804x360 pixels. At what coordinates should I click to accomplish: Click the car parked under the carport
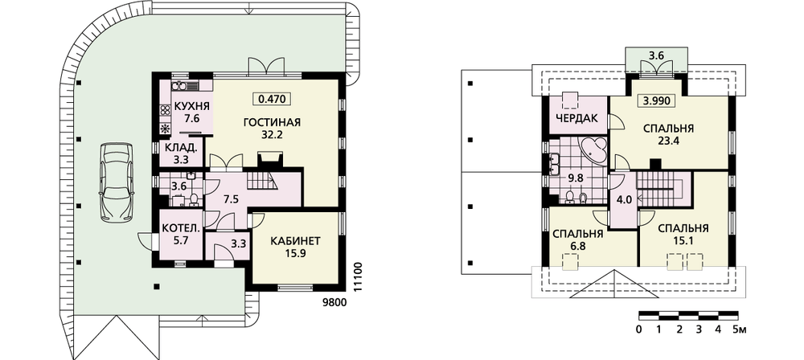pyautogui.click(x=117, y=182)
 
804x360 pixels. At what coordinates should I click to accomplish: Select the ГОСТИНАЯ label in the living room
pyautogui.click(x=272, y=123)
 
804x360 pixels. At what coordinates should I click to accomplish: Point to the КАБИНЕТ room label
pyautogui.click(x=295, y=240)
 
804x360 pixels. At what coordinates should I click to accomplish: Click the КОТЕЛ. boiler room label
pyautogui.click(x=180, y=228)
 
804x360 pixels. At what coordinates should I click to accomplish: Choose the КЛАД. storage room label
pyautogui.click(x=180, y=148)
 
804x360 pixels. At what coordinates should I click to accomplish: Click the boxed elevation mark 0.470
pyautogui.click(x=273, y=98)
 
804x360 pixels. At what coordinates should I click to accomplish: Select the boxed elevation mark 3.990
pyautogui.click(x=656, y=100)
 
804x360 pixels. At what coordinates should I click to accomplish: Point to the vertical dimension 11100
pyautogui.click(x=359, y=277)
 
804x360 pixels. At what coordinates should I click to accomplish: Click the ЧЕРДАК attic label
pyautogui.click(x=576, y=118)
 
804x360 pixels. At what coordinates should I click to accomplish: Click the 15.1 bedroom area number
pyautogui.click(x=683, y=239)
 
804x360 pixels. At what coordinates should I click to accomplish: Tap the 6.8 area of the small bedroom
pyautogui.click(x=576, y=246)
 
